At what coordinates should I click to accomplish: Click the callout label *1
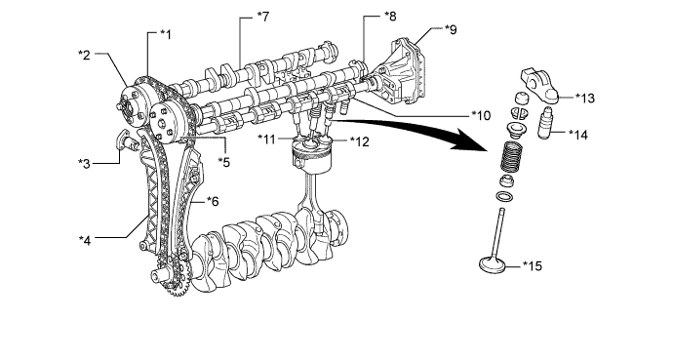(x=165, y=35)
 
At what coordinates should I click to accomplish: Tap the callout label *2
(x=84, y=55)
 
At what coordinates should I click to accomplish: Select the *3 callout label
(x=84, y=164)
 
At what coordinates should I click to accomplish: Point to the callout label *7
(x=262, y=17)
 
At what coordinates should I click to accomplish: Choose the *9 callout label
(x=451, y=29)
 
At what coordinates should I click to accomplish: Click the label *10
(x=481, y=115)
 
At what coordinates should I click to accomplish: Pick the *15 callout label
(x=533, y=266)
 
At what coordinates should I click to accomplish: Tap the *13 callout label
(x=585, y=99)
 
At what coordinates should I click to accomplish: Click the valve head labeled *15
(x=495, y=264)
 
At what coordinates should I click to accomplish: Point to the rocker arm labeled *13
(x=540, y=85)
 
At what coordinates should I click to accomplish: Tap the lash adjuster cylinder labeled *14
(x=545, y=123)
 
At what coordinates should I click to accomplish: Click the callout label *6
(x=213, y=201)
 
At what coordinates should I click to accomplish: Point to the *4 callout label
(x=85, y=240)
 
